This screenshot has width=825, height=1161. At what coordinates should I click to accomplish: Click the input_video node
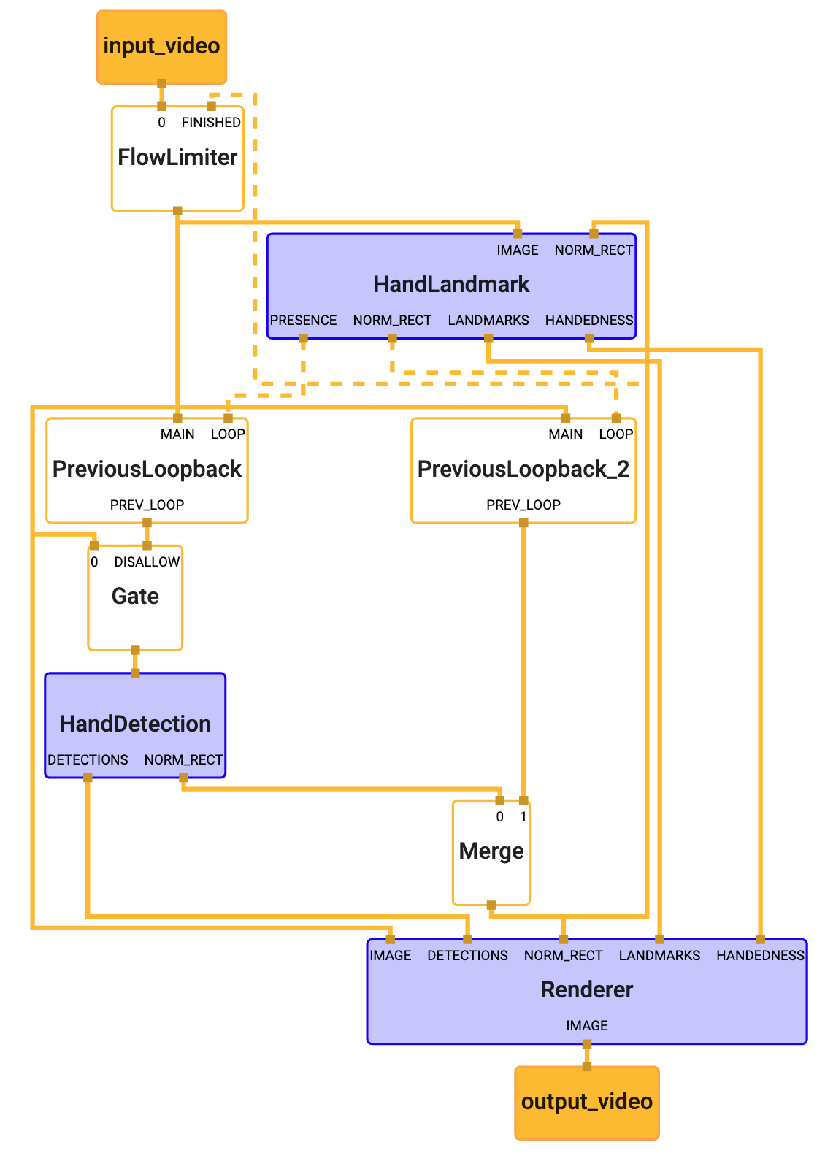click(x=161, y=46)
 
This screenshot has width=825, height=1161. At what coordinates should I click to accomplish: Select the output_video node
click(x=586, y=1102)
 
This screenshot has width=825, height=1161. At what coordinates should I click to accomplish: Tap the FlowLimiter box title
click(x=177, y=157)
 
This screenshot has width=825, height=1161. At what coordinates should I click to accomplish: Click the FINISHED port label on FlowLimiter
click(x=211, y=123)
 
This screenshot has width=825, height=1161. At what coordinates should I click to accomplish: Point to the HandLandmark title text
click(x=451, y=284)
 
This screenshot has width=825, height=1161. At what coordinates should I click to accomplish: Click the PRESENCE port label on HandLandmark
click(x=303, y=321)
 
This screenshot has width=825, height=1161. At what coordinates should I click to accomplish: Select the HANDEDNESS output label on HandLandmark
click(x=589, y=321)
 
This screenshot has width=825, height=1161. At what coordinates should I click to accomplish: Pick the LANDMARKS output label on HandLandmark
click(x=488, y=321)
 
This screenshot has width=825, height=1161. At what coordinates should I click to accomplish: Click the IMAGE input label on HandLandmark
click(x=518, y=250)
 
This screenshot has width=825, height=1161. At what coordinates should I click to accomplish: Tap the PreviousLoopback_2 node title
click(x=523, y=469)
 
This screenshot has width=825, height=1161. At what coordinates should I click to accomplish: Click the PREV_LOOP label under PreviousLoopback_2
click(x=523, y=505)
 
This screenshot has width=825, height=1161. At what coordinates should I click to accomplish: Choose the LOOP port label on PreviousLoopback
click(x=228, y=434)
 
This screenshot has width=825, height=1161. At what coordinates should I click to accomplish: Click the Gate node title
click(x=135, y=596)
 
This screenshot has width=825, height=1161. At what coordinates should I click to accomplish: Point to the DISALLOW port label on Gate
click(x=147, y=562)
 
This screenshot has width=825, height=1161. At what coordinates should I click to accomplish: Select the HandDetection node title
click(x=135, y=724)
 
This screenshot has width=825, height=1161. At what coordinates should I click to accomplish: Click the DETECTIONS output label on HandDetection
click(x=88, y=760)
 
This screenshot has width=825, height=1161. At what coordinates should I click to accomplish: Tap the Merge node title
click(x=491, y=851)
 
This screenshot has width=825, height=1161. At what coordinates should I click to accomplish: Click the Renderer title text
click(x=587, y=989)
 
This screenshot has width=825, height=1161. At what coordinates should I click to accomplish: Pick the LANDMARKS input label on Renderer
click(x=659, y=956)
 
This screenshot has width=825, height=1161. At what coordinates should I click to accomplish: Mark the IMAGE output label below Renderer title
click(x=587, y=1026)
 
